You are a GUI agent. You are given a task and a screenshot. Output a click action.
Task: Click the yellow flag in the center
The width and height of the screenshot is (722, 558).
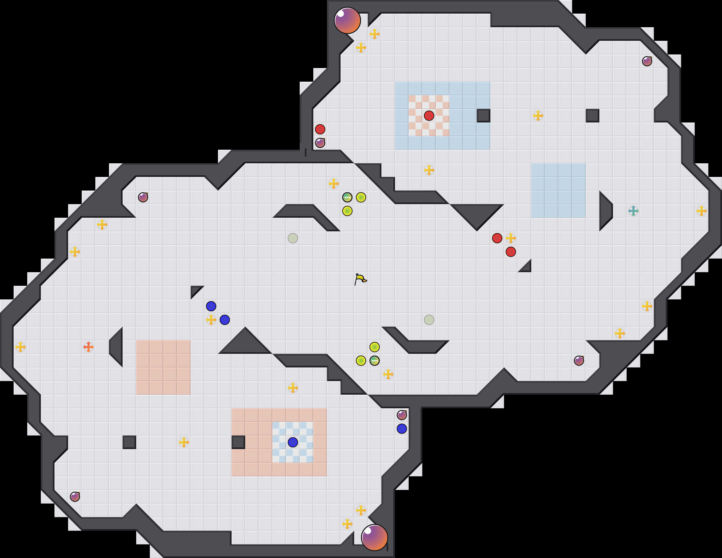[360, 279]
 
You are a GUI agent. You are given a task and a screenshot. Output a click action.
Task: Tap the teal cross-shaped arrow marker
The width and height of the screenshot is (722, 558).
[633, 211]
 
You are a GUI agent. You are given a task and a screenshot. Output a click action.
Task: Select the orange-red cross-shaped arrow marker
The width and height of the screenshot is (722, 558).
[89, 347]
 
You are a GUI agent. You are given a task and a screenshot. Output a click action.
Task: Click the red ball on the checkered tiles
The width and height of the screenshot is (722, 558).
[429, 116]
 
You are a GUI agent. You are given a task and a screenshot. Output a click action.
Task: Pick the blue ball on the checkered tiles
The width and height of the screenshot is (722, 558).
[293, 442]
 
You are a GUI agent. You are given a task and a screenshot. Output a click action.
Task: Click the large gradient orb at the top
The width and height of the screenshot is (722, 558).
[347, 20]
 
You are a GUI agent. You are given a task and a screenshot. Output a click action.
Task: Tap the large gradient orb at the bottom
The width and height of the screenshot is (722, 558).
[375, 538]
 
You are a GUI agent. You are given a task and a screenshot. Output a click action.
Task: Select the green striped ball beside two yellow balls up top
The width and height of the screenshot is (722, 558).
[347, 197]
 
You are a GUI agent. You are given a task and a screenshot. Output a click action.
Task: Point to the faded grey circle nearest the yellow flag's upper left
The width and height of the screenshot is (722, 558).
[293, 238]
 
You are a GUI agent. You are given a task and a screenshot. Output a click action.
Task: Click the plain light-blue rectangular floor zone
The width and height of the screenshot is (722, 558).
[559, 191]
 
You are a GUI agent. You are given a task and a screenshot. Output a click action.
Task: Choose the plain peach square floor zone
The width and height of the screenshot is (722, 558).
[163, 367]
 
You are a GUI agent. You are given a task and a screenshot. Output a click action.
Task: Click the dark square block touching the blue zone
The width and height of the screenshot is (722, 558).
[484, 116]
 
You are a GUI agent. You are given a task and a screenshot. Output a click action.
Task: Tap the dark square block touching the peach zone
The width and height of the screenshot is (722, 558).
[238, 442]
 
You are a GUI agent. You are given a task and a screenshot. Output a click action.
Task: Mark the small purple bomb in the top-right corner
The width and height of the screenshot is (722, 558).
[647, 61]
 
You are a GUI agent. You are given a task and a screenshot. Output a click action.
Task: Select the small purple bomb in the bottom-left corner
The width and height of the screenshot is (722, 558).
[75, 497]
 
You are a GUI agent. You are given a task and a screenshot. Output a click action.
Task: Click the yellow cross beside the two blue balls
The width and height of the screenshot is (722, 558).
[211, 320]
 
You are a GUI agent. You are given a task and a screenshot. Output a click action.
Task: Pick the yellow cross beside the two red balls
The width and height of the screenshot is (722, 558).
[511, 238]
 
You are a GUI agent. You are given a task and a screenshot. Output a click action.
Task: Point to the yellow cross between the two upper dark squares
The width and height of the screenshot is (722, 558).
[538, 116]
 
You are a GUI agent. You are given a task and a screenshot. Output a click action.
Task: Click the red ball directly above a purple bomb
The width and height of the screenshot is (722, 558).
[320, 129]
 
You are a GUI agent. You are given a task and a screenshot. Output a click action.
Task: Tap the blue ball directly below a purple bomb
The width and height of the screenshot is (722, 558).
[402, 429]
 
